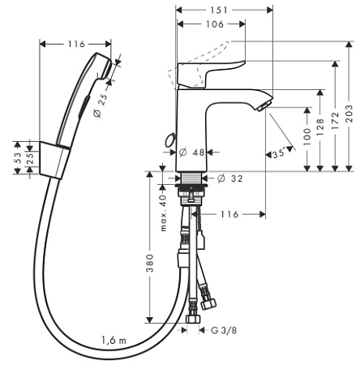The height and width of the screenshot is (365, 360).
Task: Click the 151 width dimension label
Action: click(218, 10)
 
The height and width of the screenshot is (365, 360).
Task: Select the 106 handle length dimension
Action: click(215, 24)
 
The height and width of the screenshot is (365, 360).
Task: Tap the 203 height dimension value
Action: click(349, 114)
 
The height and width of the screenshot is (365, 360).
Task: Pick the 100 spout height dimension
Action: click(307, 136)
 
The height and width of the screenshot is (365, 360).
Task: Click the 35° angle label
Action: click(279, 153)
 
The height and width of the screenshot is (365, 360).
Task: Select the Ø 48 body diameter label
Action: click(191, 152)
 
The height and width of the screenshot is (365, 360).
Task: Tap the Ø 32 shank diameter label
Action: click(230, 178)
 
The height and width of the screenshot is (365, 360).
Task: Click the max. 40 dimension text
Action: click(164, 213)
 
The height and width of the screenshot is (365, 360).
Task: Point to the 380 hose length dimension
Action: click(149, 263)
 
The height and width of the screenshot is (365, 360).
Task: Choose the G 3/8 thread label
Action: click(224, 330)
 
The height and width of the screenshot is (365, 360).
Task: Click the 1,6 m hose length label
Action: click(114, 340)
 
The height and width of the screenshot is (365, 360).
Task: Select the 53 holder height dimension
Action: click(17, 157)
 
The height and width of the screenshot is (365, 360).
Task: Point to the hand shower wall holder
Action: click(55, 160)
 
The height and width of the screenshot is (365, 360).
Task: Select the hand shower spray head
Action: click(100, 67)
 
